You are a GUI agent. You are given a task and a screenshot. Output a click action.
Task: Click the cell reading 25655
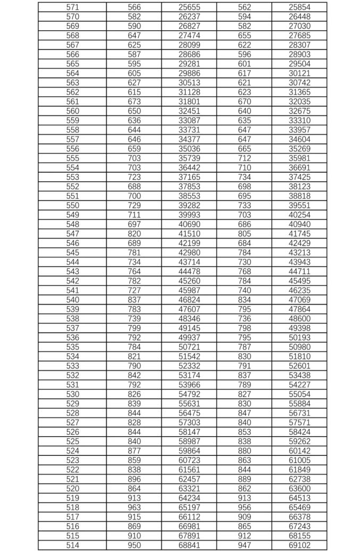point(189,7)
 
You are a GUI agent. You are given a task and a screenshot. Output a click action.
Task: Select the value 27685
point(299,36)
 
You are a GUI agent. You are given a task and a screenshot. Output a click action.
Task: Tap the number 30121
point(299,73)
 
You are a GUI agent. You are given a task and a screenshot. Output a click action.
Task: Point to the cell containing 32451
point(189,111)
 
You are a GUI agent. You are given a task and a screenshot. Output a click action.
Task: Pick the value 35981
point(299,158)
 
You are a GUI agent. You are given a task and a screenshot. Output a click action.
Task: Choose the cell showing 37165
point(189,177)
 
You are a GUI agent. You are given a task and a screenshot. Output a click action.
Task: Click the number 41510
point(189,234)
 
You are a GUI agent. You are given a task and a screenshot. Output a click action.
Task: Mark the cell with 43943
point(299,262)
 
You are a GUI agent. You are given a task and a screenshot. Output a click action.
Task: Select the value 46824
point(189,300)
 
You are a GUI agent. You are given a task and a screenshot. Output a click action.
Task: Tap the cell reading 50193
point(299,337)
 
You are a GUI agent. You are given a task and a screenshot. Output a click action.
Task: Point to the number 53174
point(189,375)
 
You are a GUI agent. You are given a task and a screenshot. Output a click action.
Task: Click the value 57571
point(299,422)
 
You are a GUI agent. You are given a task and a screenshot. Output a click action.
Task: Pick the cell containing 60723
point(189,460)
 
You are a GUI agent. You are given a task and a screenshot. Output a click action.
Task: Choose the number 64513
point(299,498)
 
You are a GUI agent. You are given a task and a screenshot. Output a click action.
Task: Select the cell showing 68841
point(189,545)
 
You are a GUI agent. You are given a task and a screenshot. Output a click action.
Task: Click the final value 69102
point(299,545)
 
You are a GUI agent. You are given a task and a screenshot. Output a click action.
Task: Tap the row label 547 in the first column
point(72,234)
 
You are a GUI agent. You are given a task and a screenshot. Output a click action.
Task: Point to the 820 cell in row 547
point(135,234)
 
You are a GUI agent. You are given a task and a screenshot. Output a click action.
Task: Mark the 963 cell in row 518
point(135,507)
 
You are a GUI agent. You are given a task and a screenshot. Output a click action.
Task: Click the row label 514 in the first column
point(72,545)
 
